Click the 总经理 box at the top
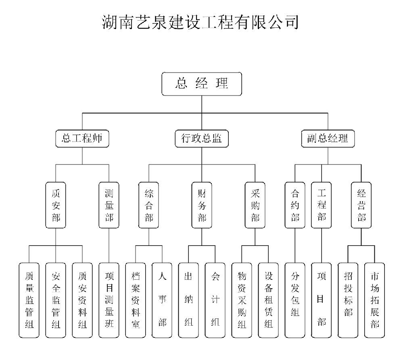coord(202,83)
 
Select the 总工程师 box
coord(82,138)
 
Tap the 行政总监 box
coord(202,138)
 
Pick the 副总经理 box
coord(328,138)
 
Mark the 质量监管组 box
coord(29,300)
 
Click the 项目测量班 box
coord(109,300)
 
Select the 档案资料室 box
coord(135,300)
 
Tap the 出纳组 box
coord(188,300)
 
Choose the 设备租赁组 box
coord(268,300)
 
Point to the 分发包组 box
coord(295,300)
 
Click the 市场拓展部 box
coord(374,300)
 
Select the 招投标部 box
coord(348,300)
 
